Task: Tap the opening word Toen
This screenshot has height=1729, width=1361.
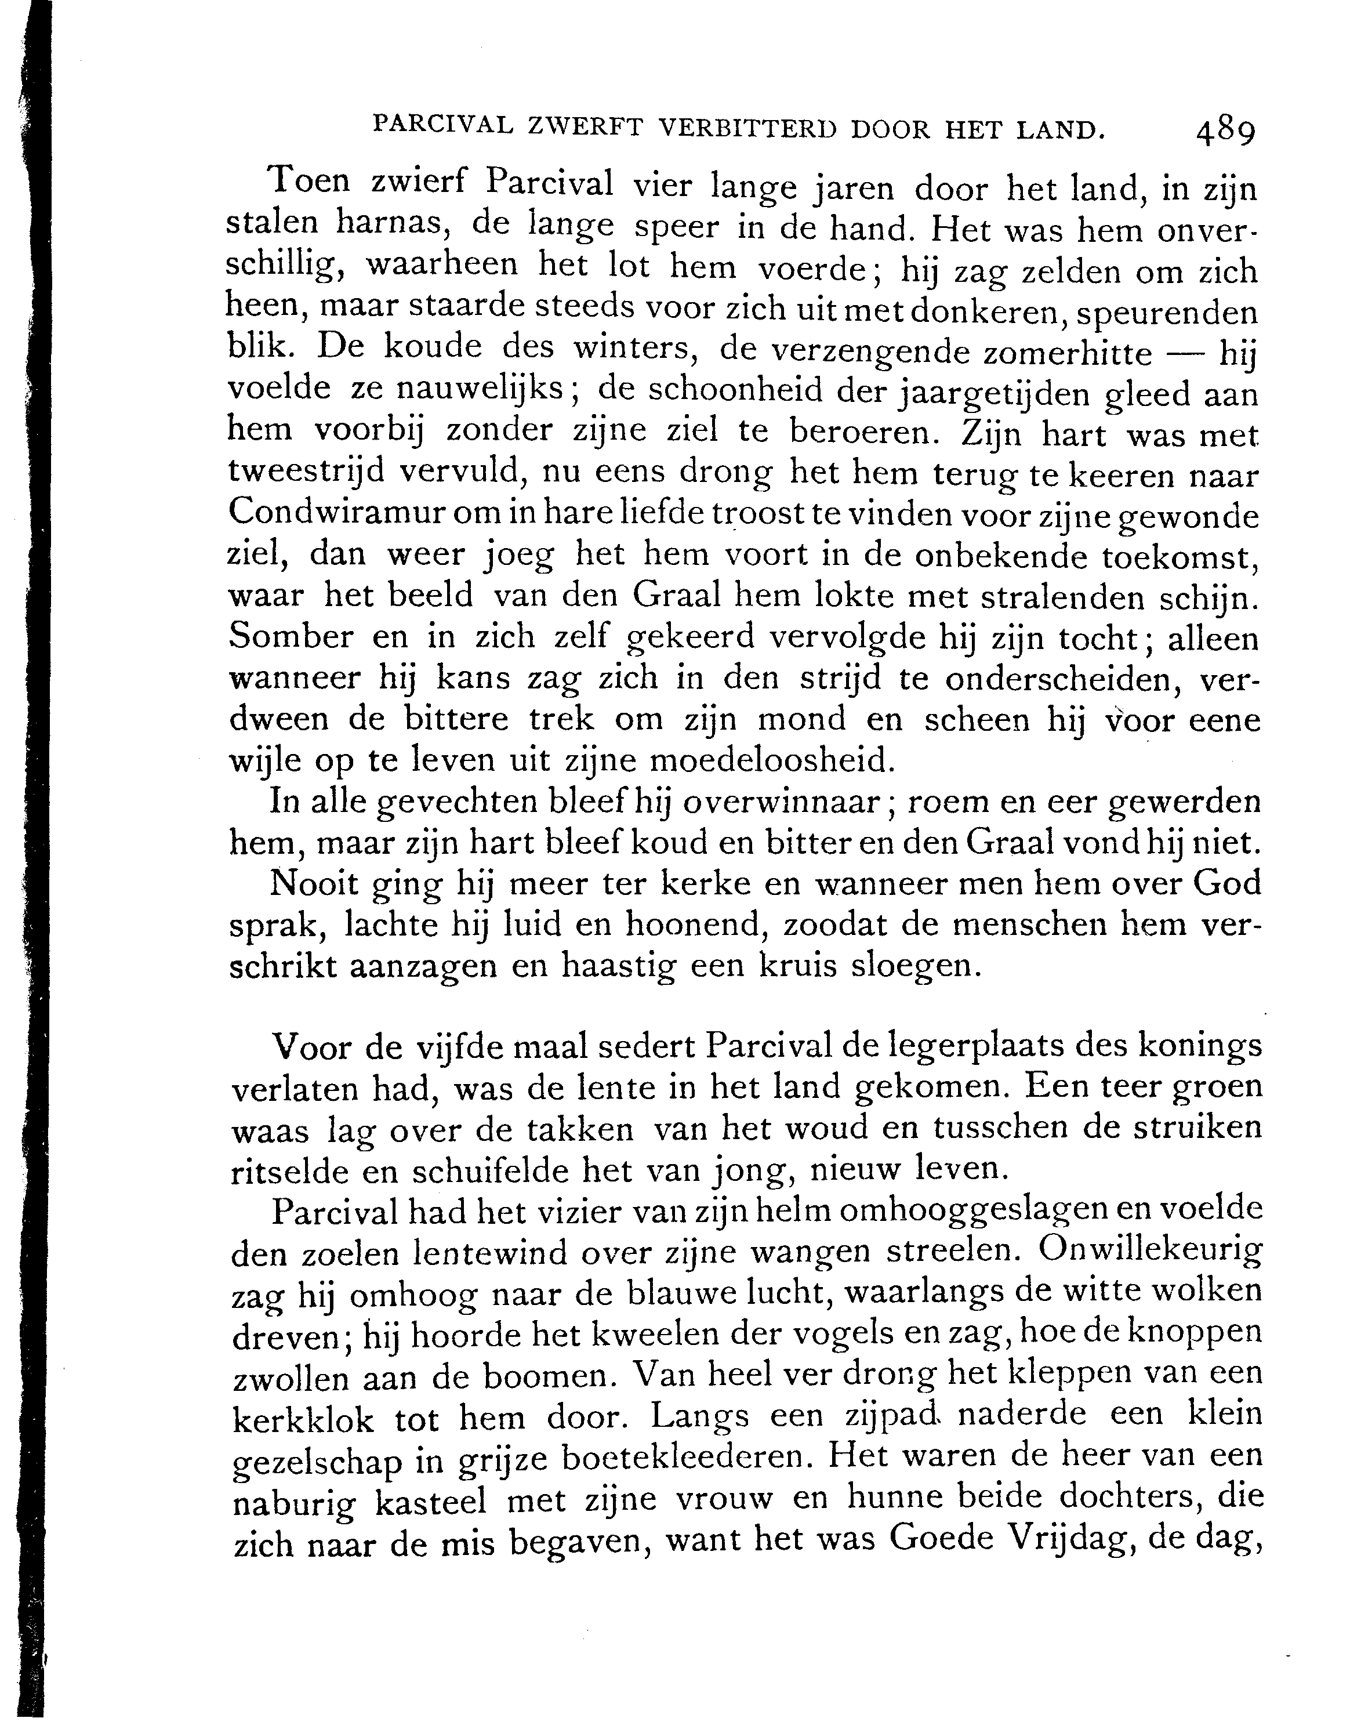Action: pos(311,182)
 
